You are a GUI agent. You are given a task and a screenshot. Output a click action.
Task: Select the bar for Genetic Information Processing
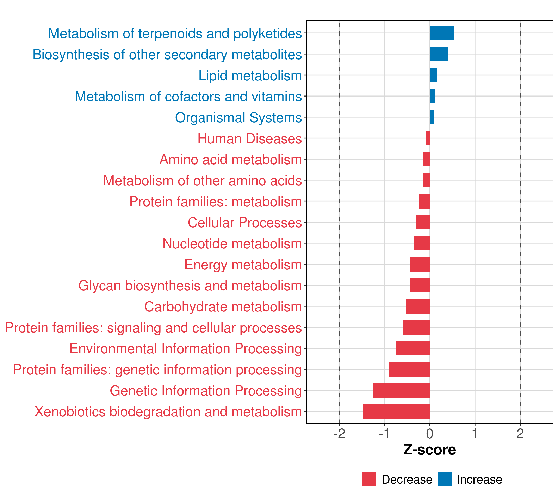(401, 390)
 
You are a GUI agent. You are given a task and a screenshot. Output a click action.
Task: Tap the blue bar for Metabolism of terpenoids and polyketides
(442, 33)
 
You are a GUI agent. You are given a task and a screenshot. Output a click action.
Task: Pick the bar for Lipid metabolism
(433, 75)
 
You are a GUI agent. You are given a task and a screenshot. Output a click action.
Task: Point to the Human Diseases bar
(428, 138)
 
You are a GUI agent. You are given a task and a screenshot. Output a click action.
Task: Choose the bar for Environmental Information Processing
(413, 348)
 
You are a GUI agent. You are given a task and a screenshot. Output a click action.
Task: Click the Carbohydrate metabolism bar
(418, 306)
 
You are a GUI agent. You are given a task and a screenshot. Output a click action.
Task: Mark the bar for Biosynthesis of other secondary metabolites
(439, 54)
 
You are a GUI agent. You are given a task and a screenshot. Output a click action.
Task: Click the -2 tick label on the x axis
(339, 434)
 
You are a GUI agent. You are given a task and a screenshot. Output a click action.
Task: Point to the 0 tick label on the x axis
(430, 434)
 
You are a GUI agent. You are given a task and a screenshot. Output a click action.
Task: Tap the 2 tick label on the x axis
(520, 434)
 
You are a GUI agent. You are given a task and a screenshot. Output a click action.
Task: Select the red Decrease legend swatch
(369, 479)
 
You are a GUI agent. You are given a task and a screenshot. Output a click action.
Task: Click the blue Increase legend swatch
(444, 479)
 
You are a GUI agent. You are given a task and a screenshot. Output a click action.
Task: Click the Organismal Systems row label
(238, 118)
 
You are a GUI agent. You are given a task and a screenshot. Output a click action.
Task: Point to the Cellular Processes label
(245, 222)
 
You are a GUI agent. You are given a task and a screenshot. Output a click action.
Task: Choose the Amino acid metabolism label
(230, 159)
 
